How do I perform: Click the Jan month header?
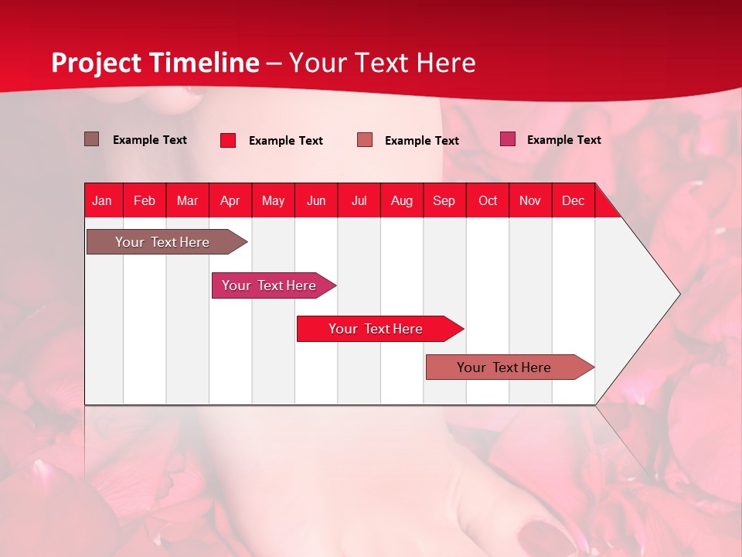(102, 200)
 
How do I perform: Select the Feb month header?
(145, 200)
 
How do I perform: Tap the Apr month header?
(230, 200)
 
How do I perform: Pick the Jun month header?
(315, 200)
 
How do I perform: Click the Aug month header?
(401, 200)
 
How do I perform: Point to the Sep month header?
(444, 200)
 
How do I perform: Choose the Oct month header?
(487, 200)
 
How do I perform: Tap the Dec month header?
(573, 200)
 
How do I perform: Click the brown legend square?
(91, 139)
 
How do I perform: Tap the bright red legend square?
(227, 140)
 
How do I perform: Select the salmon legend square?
(365, 139)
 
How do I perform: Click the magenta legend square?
(507, 139)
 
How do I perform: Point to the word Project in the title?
(96, 63)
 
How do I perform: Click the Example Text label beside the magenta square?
(563, 139)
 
